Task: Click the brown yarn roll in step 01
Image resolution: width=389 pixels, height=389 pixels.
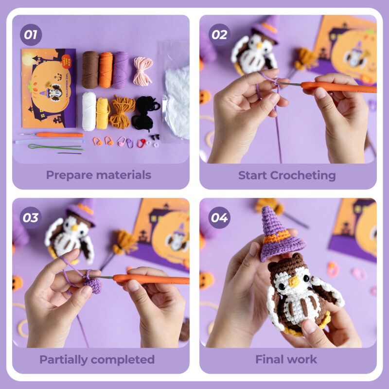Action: click(90, 70)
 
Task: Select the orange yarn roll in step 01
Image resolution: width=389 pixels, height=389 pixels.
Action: click(106, 70)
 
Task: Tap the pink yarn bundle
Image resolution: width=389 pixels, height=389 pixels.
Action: click(143, 70)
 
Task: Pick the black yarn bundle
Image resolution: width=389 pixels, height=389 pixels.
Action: click(145, 113)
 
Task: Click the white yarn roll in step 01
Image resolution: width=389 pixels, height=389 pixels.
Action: click(89, 111)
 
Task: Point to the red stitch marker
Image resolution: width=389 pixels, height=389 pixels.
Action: click(141, 143)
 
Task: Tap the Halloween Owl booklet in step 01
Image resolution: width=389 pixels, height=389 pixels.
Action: click(49, 88)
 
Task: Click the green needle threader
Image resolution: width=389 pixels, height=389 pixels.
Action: click(53, 146)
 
